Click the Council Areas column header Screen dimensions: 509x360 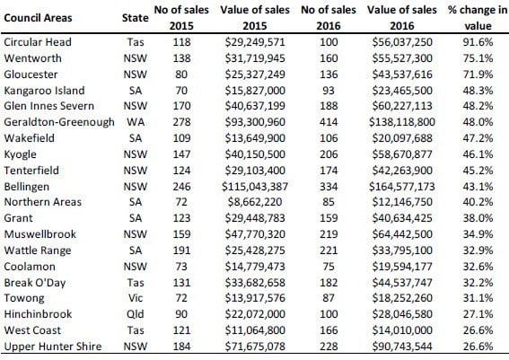click(x=38, y=18)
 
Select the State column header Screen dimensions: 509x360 click(x=135, y=18)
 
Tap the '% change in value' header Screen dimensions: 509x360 click(x=478, y=18)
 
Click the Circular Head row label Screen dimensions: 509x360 click(x=38, y=42)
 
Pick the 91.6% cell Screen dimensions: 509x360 click(x=478, y=42)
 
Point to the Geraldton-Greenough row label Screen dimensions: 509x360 click(x=59, y=122)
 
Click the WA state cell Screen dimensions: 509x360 click(x=136, y=122)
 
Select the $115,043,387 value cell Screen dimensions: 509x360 click(x=255, y=187)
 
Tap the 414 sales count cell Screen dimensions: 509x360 click(x=329, y=122)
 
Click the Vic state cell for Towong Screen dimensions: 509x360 click(x=136, y=298)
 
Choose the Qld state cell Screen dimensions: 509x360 click(x=136, y=314)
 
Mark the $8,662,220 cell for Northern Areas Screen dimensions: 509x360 click(x=255, y=202)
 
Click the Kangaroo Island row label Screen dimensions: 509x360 click(x=44, y=91)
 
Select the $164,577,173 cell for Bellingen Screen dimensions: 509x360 click(x=402, y=187)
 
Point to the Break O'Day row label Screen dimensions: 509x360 click(x=35, y=283)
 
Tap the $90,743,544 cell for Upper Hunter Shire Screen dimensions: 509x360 click(x=402, y=347)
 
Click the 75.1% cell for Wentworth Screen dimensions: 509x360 click(x=478, y=58)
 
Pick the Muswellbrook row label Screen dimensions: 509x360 click(x=39, y=234)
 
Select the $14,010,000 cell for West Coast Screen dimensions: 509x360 click(x=402, y=330)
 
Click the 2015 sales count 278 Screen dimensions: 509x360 click(x=181, y=122)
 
